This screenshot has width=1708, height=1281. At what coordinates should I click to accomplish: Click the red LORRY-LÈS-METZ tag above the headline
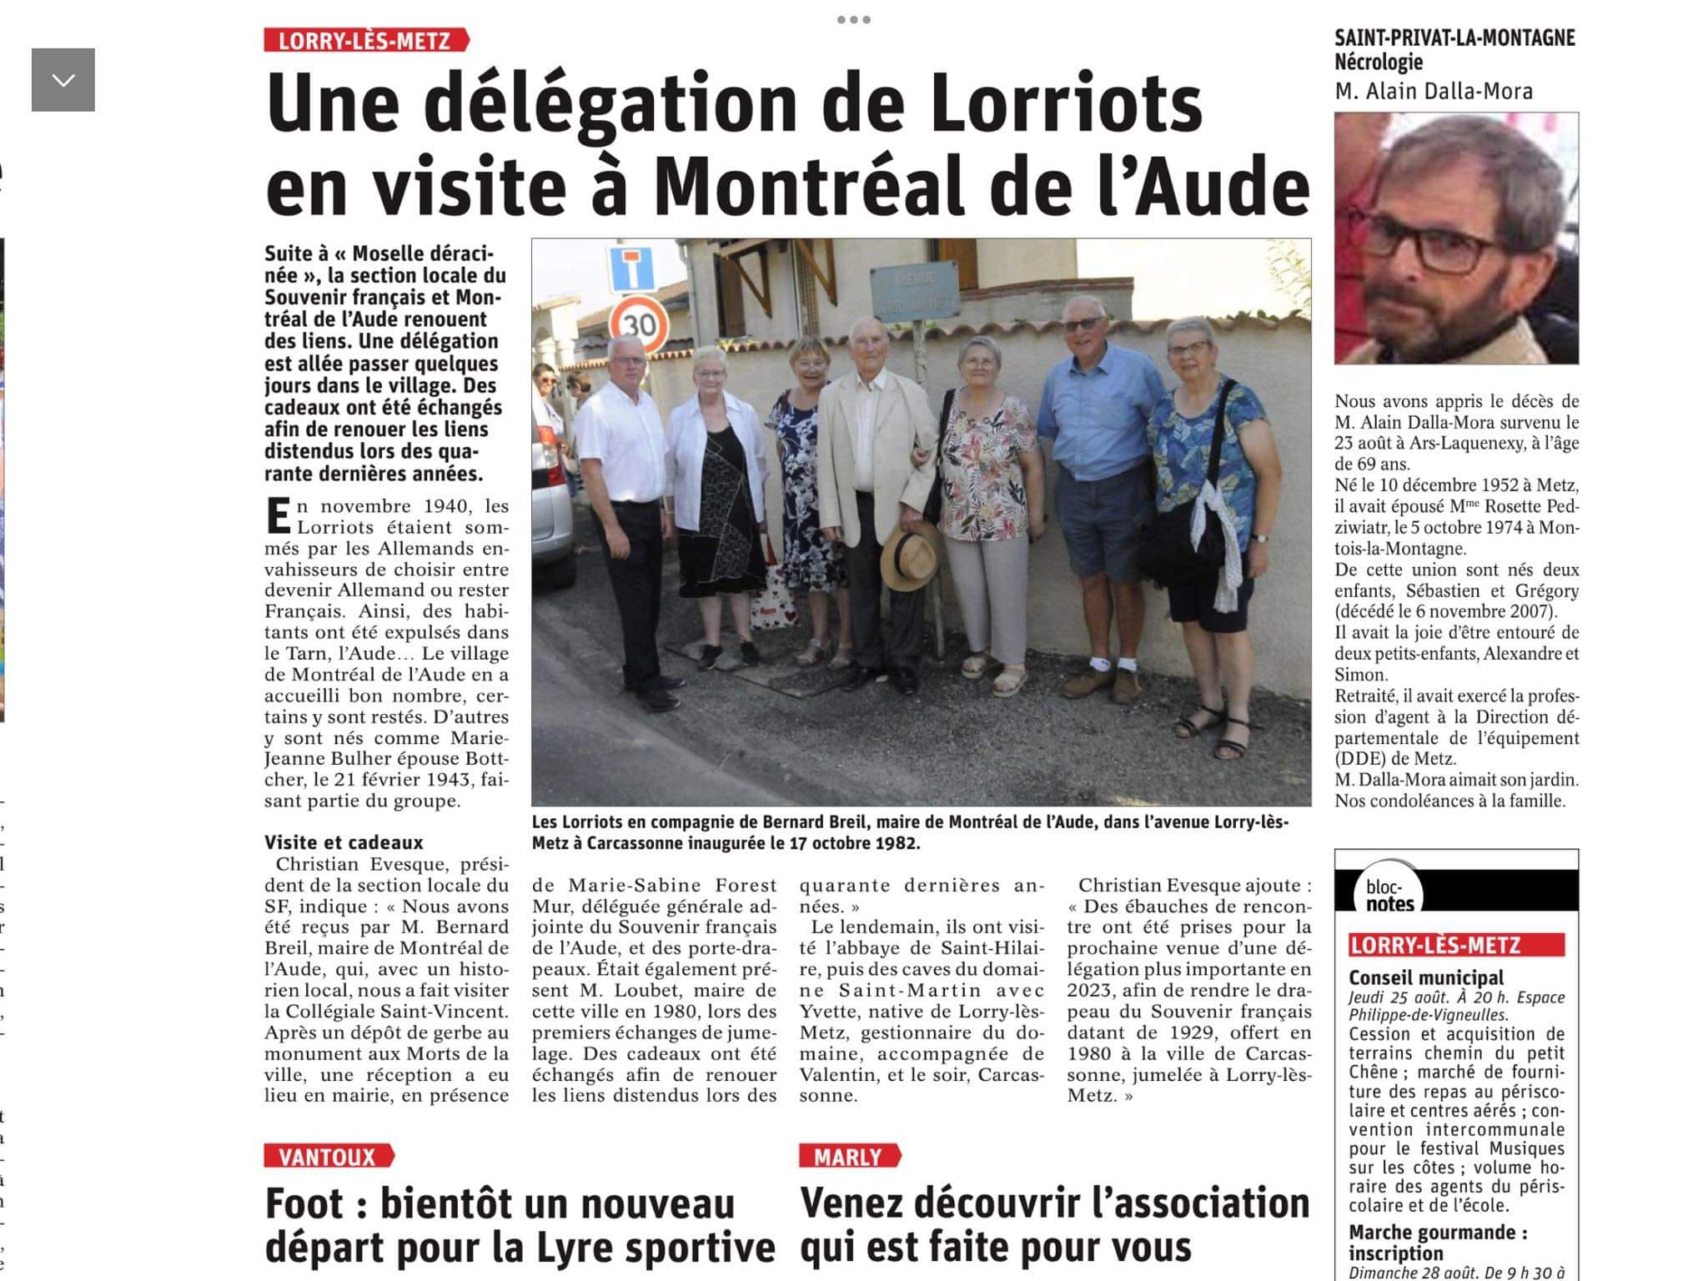pyautogui.click(x=364, y=41)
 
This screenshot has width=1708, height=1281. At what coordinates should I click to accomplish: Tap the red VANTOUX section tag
pyautogui.click(x=328, y=1157)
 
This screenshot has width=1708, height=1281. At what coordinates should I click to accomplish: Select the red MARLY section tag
pyautogui.click(x=848, y=1157)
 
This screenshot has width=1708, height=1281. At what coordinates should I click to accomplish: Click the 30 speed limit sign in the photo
pyautogui.click(x=640, y=323)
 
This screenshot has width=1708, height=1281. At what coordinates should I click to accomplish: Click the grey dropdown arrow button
pyautogui.click(x=63, y=80)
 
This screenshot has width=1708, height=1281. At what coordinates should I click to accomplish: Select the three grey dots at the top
pyautogui.click(x=853, y=19)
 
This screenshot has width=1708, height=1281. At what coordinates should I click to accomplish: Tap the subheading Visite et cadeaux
pyautogui.click(x=344, y=842)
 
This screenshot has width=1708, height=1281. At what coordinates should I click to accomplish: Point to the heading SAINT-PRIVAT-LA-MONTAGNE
pyautogui.click(x=1454, y=38)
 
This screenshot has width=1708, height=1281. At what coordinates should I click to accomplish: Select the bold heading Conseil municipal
pyautogui.click(x=1426, y=977)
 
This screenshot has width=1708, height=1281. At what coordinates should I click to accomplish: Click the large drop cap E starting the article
pyautogui.click(x=278, y=515)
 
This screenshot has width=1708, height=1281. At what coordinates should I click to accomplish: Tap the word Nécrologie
pyautogui.click(x=1379, y=62)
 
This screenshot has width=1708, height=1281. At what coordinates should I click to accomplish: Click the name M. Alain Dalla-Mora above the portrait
pyautogui.click(x=1434, y=91)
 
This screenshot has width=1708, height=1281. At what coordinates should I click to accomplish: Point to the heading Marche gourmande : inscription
pyautogui.click(x=1438, y=1243)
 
